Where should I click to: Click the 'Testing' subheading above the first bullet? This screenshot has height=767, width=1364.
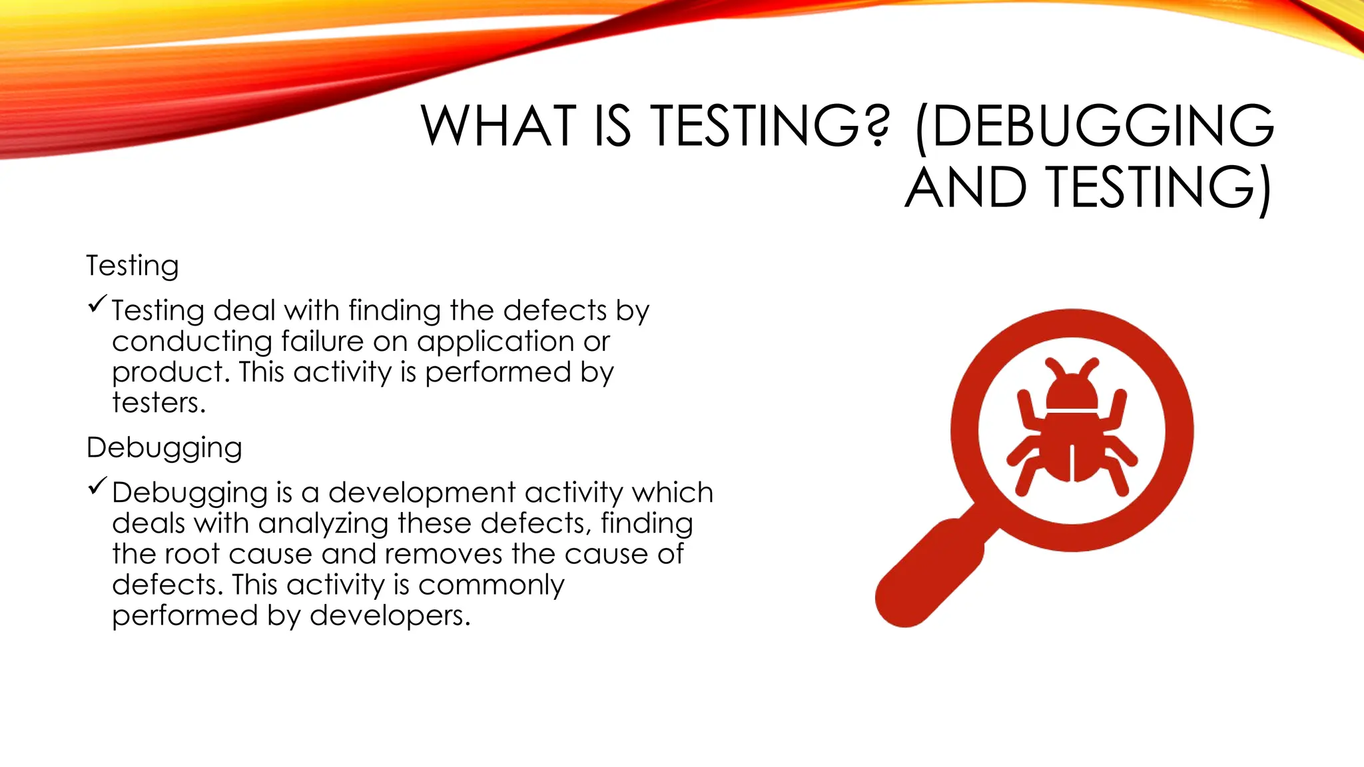point(133,266)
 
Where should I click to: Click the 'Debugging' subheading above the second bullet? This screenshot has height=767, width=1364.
point(164,447)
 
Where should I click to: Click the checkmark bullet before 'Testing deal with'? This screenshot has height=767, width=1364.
point(97,304)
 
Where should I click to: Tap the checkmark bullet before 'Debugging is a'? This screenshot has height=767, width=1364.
point(97,486)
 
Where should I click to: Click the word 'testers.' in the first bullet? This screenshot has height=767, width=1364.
point(159,403)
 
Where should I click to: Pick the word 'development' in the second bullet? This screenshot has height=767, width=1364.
point(422,493)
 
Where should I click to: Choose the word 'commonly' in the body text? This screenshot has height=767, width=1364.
point(491,585)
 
